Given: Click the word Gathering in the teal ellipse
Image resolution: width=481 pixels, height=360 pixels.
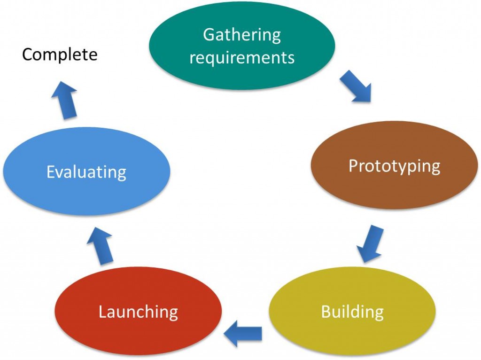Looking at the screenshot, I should point(241,35).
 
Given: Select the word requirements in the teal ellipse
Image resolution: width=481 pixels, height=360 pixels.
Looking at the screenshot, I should point(241,57).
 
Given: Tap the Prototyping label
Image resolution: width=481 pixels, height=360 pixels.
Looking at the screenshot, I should point(394,166).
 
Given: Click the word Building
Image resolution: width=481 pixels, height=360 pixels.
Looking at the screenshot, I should point(352,312).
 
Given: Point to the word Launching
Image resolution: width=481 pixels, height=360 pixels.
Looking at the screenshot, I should point(138,312).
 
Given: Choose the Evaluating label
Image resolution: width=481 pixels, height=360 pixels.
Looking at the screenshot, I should point(86,172).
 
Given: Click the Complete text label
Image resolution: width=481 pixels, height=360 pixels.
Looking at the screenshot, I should point(60,55).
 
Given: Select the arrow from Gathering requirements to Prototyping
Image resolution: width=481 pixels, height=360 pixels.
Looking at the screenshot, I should point(356,86).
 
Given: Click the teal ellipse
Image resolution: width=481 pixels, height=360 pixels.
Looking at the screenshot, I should point(241,75).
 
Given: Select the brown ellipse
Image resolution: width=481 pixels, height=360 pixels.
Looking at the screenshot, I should point(394,193).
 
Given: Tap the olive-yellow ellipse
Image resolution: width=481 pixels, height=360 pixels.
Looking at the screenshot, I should point(352,336).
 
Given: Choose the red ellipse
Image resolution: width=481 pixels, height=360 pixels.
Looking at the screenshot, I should point(138,336).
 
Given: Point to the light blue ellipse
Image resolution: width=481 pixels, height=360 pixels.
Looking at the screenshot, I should point(86,197).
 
